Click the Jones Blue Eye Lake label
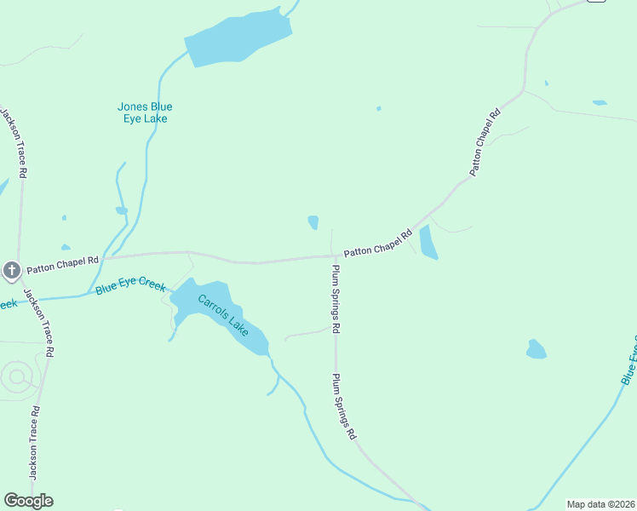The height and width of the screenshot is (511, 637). pyautogui.click(x=145, y=112)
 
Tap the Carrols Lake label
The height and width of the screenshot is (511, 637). pyautogui.click(x=222, y=314)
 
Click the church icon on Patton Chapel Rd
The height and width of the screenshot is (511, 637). pyautogui.click(x=11, y=271)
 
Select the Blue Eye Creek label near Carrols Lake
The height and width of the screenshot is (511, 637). pyautogui.click(x=130, y=285)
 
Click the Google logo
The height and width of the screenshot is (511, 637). pyautogui.click(x=28, y=501)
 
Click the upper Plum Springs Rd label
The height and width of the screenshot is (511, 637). pyautogui.click(x=336, y=298)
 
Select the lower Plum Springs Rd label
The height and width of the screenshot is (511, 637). pyautogui.click(x=343, y=406)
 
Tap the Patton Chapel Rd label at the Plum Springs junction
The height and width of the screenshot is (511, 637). pyautogui.click(x=378, y=246)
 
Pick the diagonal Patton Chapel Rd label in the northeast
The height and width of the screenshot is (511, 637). pyautogui.click(x=485, y=141)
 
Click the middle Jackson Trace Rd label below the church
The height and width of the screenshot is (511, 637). pyautogui.click(x=40, y=322)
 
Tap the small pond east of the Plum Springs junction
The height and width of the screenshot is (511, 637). pyautogui.click(x=428, y=243)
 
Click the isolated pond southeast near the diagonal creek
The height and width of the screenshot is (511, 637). pyautogui.click(x=536, y=349)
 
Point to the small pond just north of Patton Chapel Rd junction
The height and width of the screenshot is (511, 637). pyautogui.click(x=313, y=222)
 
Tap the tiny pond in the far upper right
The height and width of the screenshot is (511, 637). pyautogui.click(x=600, y=103)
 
